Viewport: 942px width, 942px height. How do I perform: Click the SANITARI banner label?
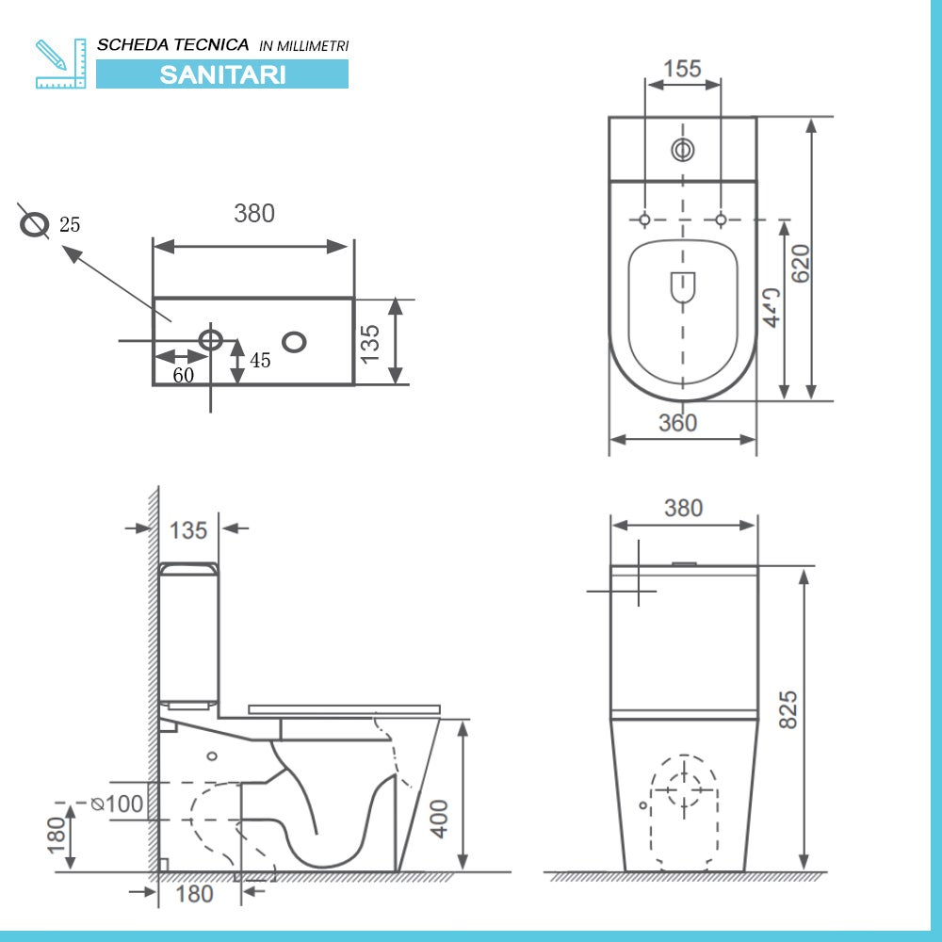(222, 74)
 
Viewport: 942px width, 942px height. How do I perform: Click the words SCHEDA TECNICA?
(173, 44)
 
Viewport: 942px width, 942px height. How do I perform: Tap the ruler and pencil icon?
(59, 63)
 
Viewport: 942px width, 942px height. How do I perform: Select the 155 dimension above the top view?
(682, 69)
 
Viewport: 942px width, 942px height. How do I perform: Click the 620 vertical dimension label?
(800, 263)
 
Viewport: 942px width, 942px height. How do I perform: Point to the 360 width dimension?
(677, 424)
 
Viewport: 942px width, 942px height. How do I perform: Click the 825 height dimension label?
(788, 708)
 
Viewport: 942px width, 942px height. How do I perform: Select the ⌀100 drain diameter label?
(117, 804)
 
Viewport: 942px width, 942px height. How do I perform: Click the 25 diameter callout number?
(70, 224)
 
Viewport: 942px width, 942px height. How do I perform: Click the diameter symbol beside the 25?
(35, 224)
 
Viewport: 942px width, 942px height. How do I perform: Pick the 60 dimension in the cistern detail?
(183, 375)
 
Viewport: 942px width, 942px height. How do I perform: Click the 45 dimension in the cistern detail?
(260, 361)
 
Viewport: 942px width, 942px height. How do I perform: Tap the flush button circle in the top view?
(682, 149)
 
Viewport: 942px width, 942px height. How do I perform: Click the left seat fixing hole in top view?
(644, 219)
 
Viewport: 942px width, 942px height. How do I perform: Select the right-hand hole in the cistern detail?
(295, 341)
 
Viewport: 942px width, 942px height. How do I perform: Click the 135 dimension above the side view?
(188, 530)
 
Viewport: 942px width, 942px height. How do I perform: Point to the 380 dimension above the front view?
(683, 509)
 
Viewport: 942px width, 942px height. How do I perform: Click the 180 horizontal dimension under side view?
(194, 893)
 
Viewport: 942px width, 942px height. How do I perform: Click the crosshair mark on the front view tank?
(638, 591)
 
